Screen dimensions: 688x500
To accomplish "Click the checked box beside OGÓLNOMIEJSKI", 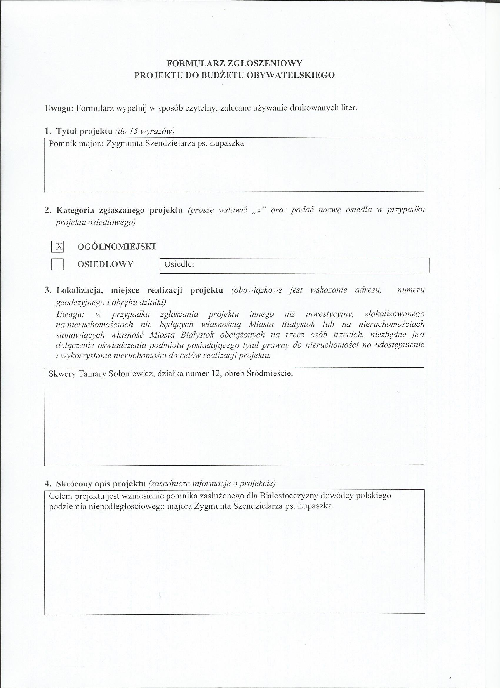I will (x=57, y=246).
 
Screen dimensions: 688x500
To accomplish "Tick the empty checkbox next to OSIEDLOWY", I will (x=57, y=264).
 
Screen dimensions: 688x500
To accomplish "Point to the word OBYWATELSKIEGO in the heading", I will (x=291, y=75).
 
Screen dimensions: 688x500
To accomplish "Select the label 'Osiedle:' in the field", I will (x=179, y=264).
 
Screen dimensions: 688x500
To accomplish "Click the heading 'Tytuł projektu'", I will (x=80, y=131).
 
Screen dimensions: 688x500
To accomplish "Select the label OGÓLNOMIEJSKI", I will (x=116, y=246).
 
